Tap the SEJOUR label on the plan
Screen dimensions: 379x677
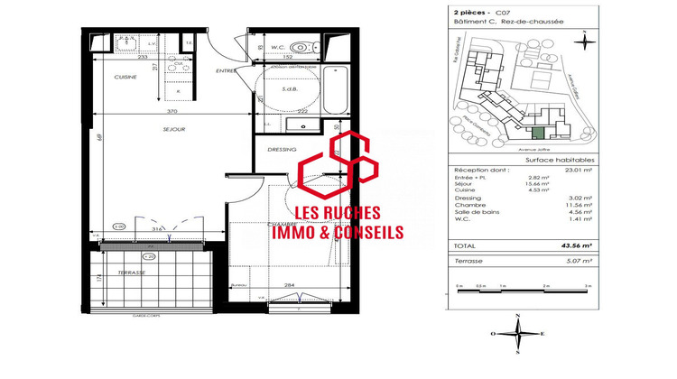click(174, 130)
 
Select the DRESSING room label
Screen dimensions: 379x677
click(282, 150)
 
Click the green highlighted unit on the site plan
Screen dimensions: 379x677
click(539, 133)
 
